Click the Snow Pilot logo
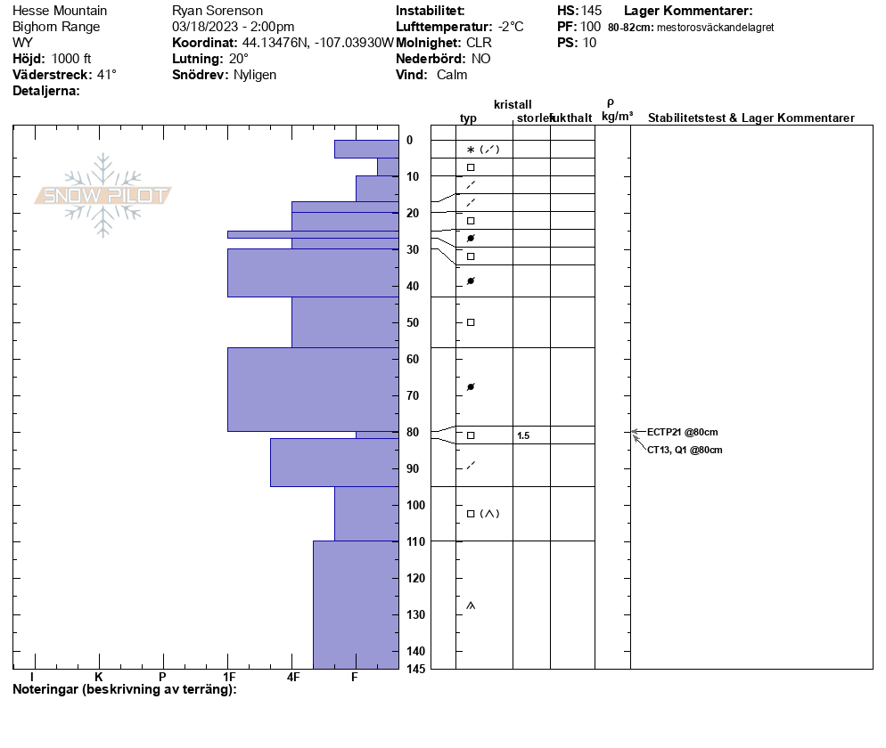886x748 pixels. pyautogui.click(x=103, y=196)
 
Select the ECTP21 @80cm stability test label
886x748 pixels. pyautogui.click(x=682, y=433)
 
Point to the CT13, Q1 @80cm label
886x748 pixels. pyautogui.click(x=685, y=451)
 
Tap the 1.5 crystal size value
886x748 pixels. pyautogui.click(x=523, y=435)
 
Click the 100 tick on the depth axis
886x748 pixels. pyautogui.click(x=415, y=505)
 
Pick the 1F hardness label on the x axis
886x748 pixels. pyautogui.click(x=229, y=678)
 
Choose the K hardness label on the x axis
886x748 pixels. pyautogui.click(x=99, y=678)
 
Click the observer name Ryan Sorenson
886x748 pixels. pyautogui.click(x=217, y=11)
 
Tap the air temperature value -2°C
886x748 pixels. pyautogui.click(x=511, y=27)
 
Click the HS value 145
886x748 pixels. pyautogui.click(x=591, y=11)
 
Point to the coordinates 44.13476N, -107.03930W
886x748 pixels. pyautogui.click(x=317, y=43)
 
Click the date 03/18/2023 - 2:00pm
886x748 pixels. pyautogui.click(x=233, y=27)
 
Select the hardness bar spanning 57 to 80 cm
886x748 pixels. pyautogui.click(x=313, y=389)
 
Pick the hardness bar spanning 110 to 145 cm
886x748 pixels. pyautogui.click(x=356, y=604)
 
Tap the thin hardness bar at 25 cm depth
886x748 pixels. pyautogui.click(x=313, y=234)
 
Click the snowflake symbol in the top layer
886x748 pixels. pyautogui.click(x=471, y=150)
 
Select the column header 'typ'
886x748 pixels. pyautogui.click(x=468, y=118)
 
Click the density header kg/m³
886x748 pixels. pyautogui.click(x=617, y=117)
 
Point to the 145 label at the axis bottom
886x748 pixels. pyautogui.click(x=415, y=668)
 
